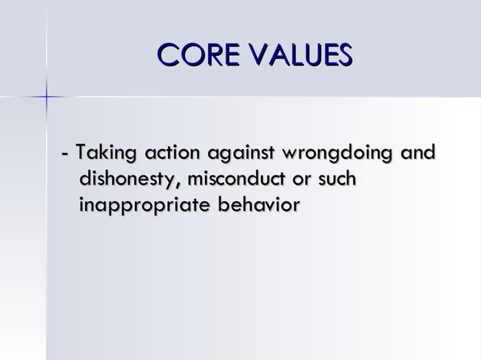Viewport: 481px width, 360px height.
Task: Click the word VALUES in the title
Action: [302, 55]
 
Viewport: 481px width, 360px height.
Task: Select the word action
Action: [170, 154]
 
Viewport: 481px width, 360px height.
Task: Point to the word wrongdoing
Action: [337, 155]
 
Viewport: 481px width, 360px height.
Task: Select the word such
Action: [336, 179]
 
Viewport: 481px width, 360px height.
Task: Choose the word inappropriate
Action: [144, 206]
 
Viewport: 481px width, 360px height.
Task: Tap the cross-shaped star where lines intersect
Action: [47, 96]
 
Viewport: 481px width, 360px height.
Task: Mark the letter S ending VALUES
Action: [343, 55]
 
